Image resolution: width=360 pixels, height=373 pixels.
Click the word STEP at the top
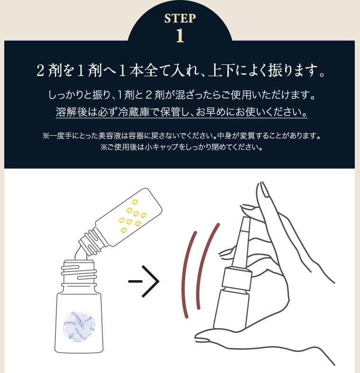point(180,18)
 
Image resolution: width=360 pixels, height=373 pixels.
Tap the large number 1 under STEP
point(180,36)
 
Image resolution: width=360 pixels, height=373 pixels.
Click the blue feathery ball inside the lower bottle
point(80,324)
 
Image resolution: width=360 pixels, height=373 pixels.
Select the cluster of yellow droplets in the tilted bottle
point(130,216)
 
